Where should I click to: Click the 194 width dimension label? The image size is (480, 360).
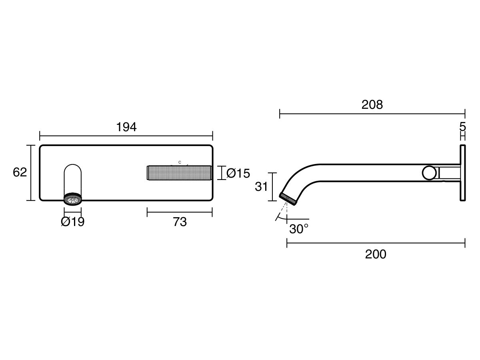[126, 127]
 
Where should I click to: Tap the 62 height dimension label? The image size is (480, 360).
[20, 172]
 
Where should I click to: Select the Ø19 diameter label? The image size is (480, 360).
[73, 222]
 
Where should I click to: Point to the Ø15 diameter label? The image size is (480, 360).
[238, 173]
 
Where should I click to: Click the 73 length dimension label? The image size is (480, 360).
[180, 222]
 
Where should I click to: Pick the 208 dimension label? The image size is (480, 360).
[372, 105]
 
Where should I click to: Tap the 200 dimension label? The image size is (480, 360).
[376, 254]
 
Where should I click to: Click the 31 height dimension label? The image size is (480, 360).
[261, 187]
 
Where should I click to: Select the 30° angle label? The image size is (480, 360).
[299, 229]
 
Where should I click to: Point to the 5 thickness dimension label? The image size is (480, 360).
[462, 127]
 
